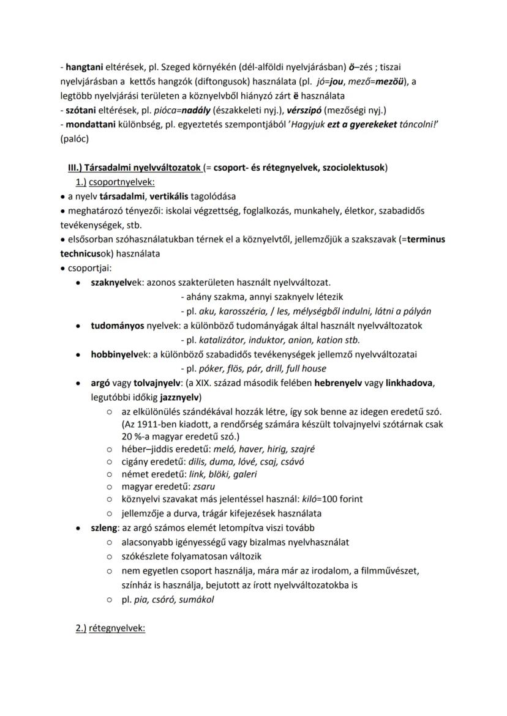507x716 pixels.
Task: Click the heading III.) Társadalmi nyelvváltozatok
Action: (135, 168)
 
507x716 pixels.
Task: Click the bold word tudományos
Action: (116, 326)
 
